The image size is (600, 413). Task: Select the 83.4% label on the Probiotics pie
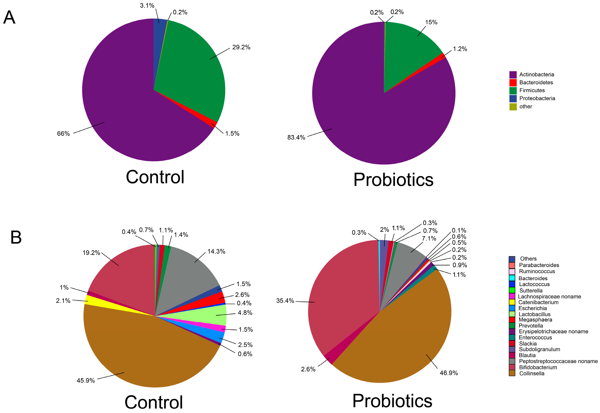tap(296, 137)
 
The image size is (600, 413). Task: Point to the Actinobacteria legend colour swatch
tap(513, 75)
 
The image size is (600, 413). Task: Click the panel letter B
tap(16, 237)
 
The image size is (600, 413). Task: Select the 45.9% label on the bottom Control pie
tap(85, 380)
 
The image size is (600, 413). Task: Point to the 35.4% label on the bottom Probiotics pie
tap(285, 301)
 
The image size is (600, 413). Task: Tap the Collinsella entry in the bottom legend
tap(532, 373)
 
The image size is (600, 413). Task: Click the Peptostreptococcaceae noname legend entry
tap(558, 361)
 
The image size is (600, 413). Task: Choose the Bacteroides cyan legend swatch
tap(512, 278)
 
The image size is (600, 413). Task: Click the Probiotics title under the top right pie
tap(393, 180)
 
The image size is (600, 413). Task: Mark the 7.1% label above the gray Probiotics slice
tap(429, 239)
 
